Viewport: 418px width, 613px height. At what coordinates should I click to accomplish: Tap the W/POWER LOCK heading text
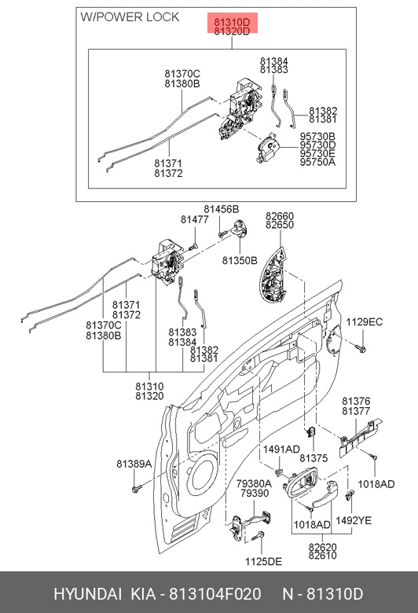pos(130,17)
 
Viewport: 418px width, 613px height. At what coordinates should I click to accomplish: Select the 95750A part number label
pos(317,162)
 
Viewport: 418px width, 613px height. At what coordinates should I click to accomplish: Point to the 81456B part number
pos(221,210)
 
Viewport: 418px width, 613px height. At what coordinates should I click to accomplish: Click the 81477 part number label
pos(195,220)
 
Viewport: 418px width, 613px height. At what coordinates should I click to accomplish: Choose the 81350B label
pos(240,260)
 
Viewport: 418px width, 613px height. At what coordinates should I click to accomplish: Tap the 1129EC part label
pos(365,321)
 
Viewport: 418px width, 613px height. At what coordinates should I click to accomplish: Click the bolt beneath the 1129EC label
pos(361,347)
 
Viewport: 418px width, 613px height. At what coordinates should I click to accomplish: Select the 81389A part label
pos(134,464)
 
